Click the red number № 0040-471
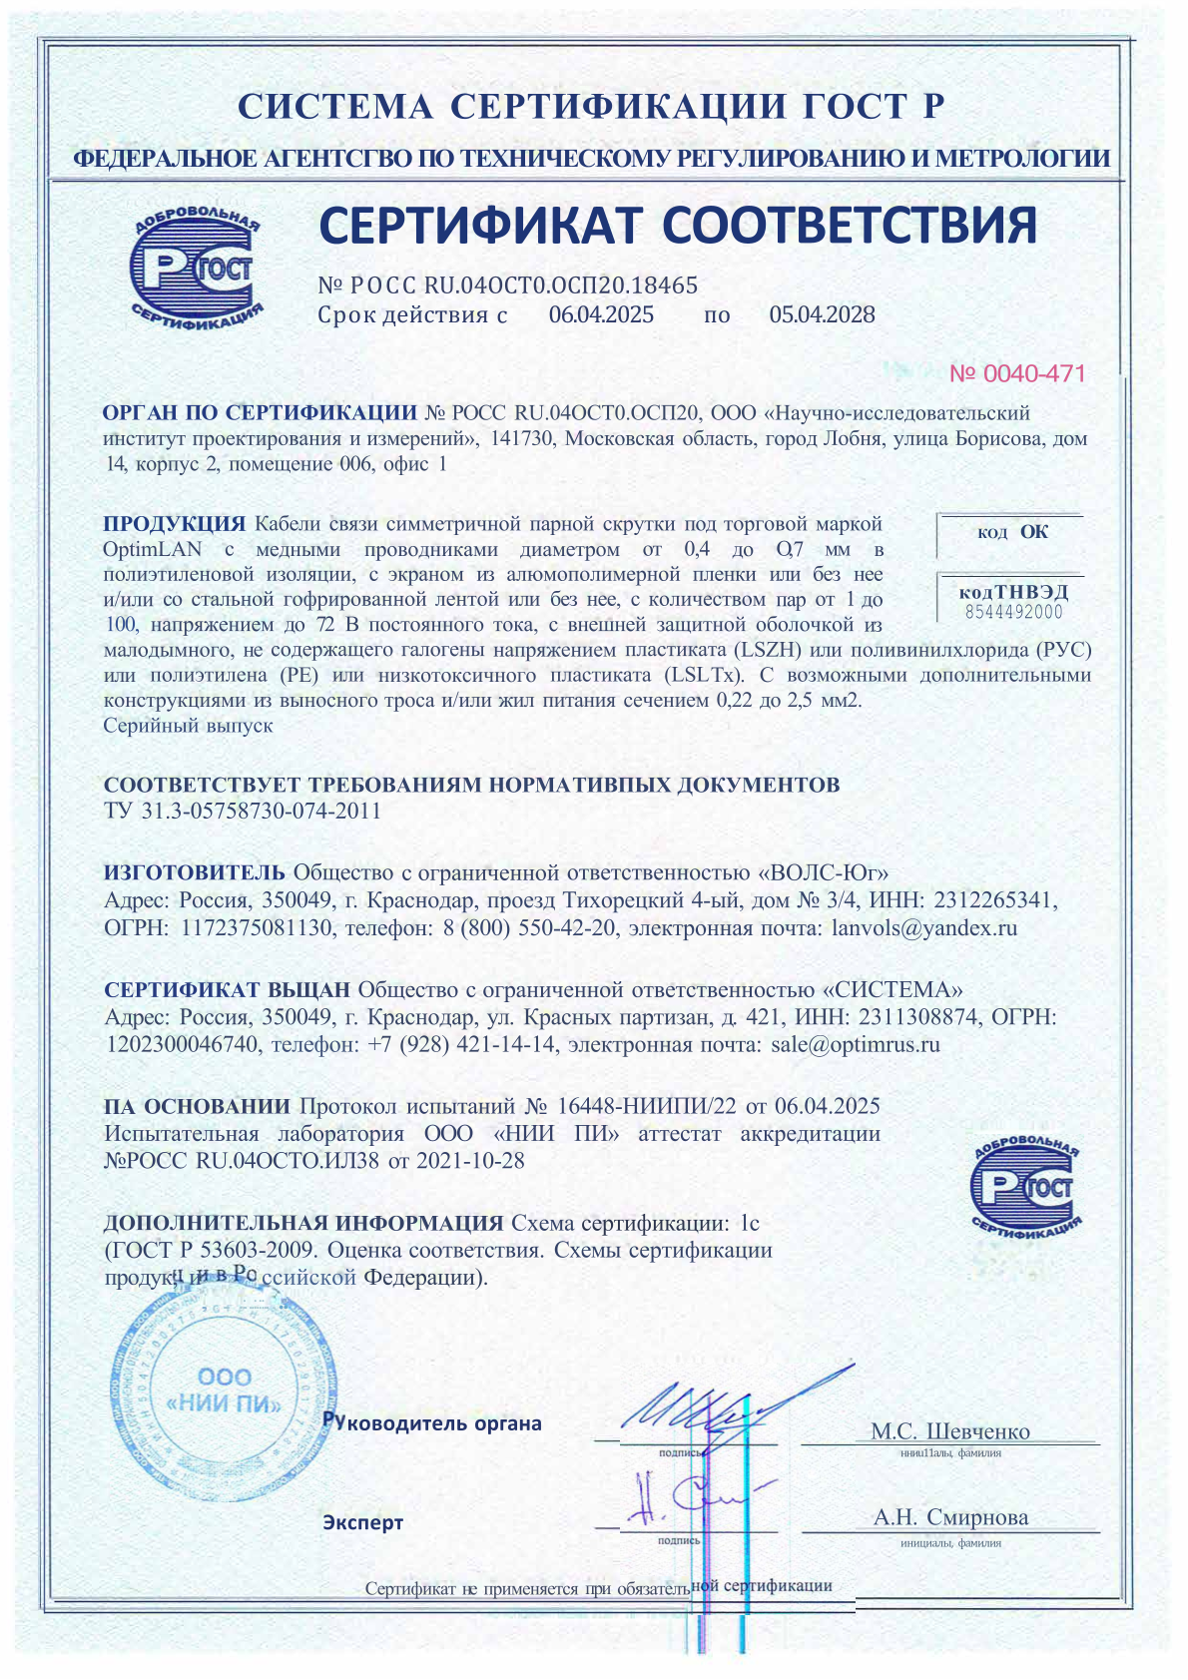coord(1016,374)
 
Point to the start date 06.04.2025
coord(601,315)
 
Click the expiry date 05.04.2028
coord(822,315)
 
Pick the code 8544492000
coord(1013,612)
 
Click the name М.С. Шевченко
coord(949,1431)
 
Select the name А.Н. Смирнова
coord(950,1517)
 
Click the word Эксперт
coord(362,1522)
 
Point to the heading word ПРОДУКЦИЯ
coord(174,524)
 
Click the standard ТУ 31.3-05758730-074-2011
coord(243,811)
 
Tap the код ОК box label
coord(1012,532)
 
